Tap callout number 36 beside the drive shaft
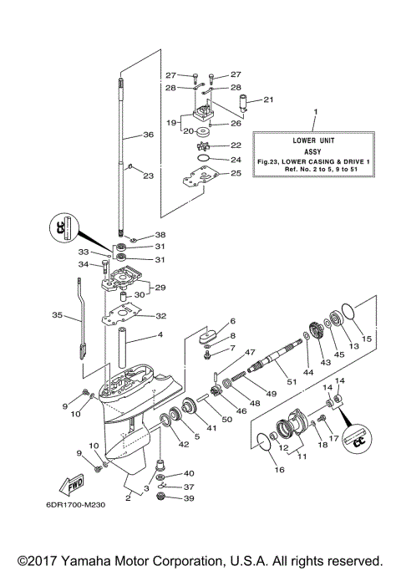tap(148, 134)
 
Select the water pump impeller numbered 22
tap(202, 146)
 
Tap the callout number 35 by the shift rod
tap(57, 315)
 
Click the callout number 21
tap(245, 100)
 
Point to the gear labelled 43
tap(318, 329)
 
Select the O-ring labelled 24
tap(201, 158)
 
